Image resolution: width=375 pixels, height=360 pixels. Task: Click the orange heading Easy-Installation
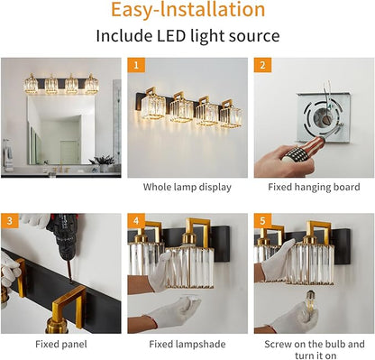188,9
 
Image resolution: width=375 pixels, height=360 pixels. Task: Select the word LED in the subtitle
171,36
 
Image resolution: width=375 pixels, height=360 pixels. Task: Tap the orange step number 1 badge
136,65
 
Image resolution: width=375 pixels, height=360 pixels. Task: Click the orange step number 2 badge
262,65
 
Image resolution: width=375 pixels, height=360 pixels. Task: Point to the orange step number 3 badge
10,221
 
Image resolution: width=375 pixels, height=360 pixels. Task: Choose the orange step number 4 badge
136,221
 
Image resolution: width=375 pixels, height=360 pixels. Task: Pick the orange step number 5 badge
262,221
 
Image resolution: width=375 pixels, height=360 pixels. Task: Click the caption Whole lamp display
187,187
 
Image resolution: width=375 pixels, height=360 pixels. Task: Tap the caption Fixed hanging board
314,187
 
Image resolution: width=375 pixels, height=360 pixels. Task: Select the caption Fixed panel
61,344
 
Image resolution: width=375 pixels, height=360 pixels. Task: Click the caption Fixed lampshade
187,344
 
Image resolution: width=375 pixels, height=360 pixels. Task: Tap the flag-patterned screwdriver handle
303,150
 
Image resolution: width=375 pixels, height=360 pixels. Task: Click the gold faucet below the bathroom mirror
61,167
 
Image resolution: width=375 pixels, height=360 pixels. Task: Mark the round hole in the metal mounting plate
324,117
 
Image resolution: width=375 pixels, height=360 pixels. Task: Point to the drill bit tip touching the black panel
71,282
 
